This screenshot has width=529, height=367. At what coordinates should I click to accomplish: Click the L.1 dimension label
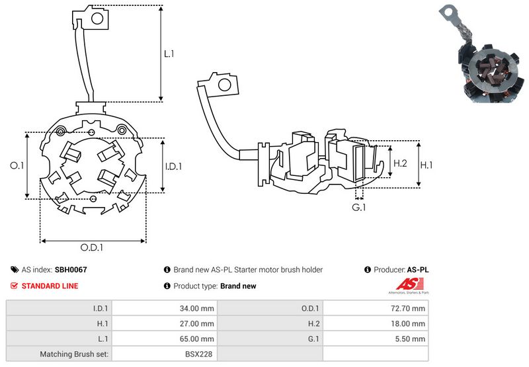pos(169,54)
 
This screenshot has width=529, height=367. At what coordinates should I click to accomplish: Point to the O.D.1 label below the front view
pos(93,248)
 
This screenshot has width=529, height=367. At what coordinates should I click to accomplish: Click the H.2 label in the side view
pos(400,163)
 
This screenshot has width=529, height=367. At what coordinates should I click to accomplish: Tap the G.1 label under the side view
pos(359,208)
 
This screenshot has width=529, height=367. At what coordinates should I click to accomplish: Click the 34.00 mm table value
pos(197,307)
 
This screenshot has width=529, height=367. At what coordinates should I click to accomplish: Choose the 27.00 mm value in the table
pos(197,323)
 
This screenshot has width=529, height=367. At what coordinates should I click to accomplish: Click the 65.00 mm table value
pos(197,339)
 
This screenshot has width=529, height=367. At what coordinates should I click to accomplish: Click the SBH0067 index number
pos(71,270)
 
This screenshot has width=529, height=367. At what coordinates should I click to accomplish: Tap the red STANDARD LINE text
pos(50,286)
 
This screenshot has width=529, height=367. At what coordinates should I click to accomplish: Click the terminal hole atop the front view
pos(95,19)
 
